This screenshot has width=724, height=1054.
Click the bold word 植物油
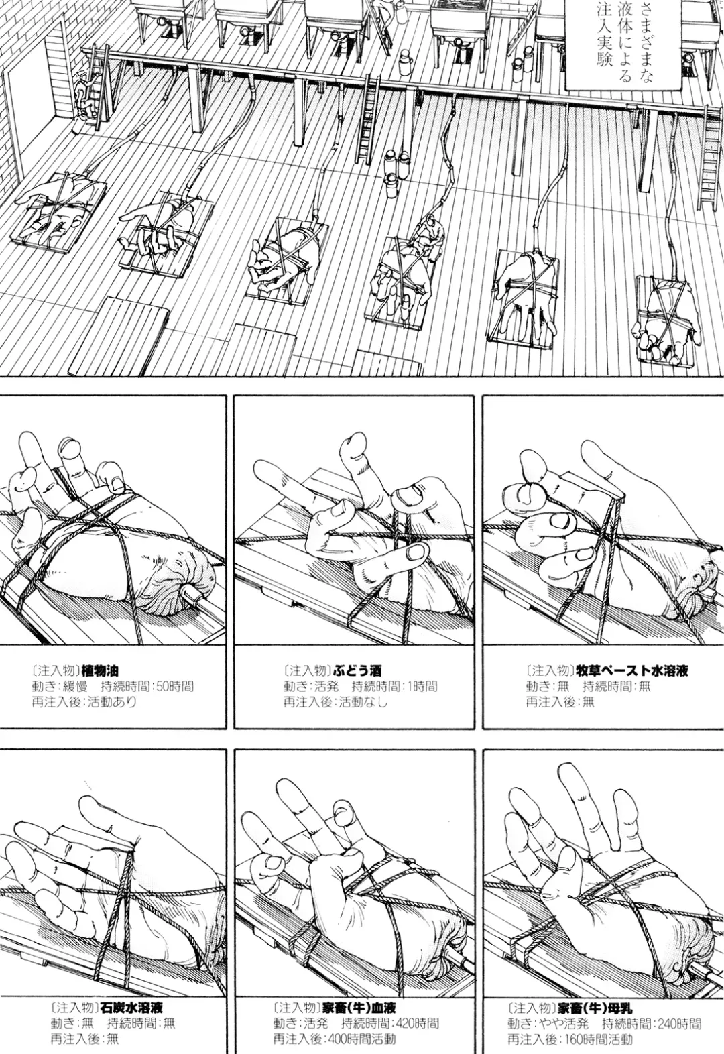[x=101, y=669]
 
